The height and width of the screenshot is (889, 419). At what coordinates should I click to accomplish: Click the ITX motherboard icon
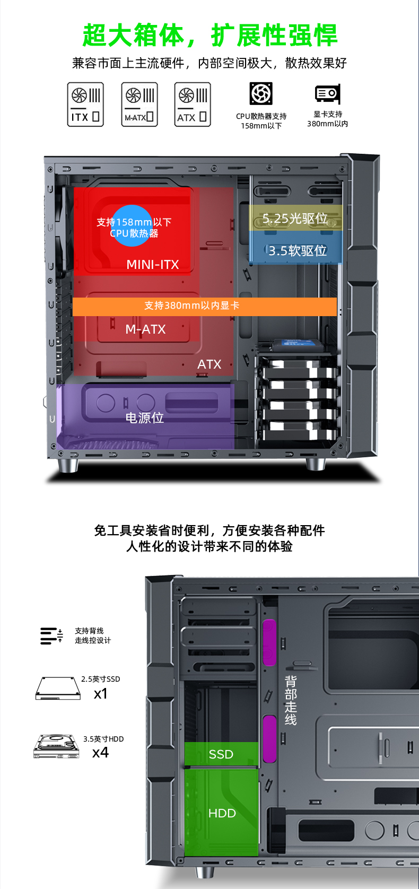pyautogui.click(x=85, y=104)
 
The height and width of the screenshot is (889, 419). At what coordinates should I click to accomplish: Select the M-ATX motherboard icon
pyautogui.click(x=139, y=104)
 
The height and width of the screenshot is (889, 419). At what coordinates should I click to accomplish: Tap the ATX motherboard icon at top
pyautogui.click(x=193, y=104)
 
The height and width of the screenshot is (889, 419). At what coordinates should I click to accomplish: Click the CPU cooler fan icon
pyautogui.click(x=261, y=94)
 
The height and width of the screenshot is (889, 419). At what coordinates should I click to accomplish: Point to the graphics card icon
pyautogui.click(x=327, y=94)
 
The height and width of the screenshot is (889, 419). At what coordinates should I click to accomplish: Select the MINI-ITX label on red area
pyautogui.click(x=153, y=264)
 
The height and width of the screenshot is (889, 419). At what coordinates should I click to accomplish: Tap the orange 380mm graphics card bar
pyautogui.click(x=204, y=306)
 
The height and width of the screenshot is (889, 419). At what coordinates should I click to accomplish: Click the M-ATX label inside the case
pyautogui.click(x=145, y=329)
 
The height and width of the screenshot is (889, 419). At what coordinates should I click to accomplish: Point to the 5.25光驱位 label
pyautogui.click(x=295, y=219)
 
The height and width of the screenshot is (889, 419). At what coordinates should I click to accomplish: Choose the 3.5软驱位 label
pyautogui.click(x=298, y=250)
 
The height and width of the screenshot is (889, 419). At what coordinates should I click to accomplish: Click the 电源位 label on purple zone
pyautogui.click(x=144, y=418)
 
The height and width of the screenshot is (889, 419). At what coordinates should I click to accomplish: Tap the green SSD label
pyautogui.click(x=221, y=754)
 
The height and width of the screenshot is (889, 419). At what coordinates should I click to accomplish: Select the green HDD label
pyautogui.click(x=222, y=813)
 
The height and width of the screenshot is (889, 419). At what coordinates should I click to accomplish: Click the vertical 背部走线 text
pyautogui.click(x=291, y=700)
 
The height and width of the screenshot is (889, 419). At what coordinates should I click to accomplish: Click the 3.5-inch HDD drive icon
pyautogui.click(x=56, y=746)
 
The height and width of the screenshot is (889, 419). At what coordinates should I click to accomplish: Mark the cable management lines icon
pyautogui.click(x=51, y=635)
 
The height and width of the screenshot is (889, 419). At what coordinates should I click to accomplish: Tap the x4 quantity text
pyautogui.click(x=100, y=753)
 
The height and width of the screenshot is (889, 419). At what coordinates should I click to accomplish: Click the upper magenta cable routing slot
pyautogui.click(x=269, y=642)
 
